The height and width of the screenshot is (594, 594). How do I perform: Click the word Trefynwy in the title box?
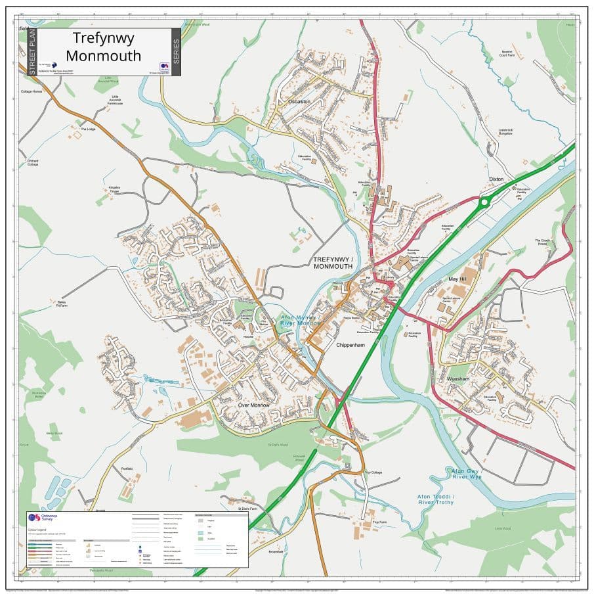coord(104,38)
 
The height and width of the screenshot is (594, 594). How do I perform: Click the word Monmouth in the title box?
coord(104,56)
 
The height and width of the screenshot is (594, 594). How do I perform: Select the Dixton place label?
coord(496,179)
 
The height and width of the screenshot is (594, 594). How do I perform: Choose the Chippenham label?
coord(349,344)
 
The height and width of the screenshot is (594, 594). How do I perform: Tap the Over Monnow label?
coord(254,405)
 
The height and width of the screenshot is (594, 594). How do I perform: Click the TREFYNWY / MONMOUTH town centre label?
coord(333,263)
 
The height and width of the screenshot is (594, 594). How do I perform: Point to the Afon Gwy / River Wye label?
coord(466,474)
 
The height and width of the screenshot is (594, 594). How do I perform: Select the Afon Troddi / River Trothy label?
coord(436,499)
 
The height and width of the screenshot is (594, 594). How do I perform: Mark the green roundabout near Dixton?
coord(484,202)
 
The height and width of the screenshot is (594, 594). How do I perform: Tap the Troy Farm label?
coord(379,522)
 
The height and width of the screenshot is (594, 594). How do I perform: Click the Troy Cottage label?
coord(373,472)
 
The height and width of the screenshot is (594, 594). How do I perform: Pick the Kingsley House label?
coord(114,189)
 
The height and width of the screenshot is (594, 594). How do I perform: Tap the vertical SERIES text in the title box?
coord(175,51)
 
